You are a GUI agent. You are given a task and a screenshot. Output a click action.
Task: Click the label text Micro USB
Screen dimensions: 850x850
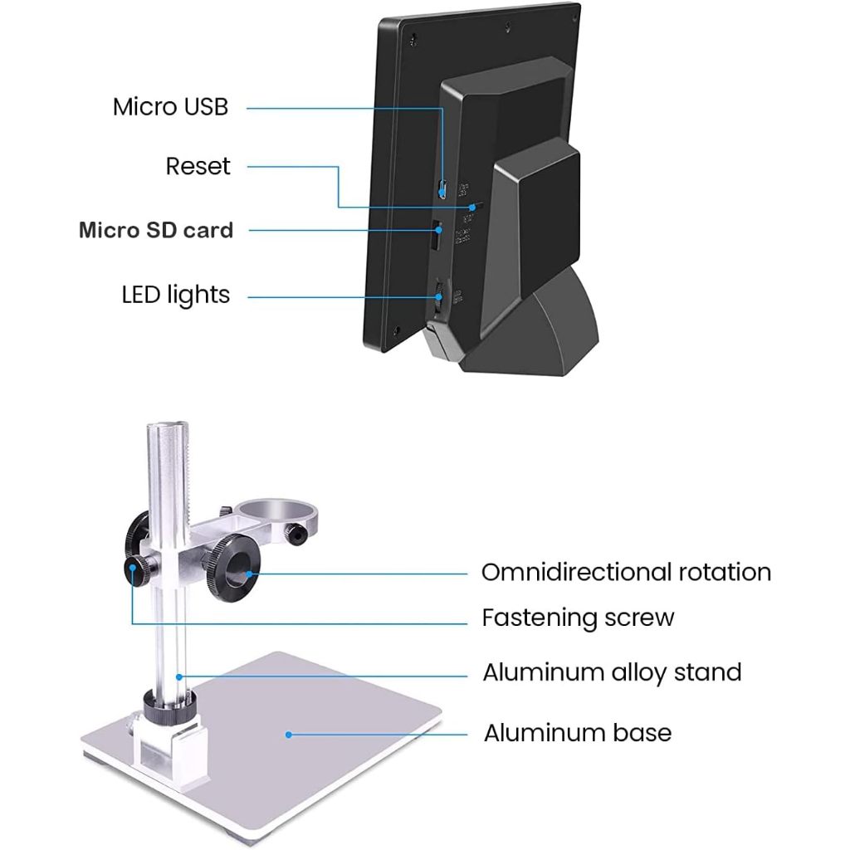click(170, 107)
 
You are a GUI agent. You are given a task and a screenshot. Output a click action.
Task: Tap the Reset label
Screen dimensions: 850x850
click(198, 166)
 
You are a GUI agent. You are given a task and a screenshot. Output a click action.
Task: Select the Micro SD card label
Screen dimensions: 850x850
click(156, 230)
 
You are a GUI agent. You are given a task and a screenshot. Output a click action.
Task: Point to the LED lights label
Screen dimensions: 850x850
click(176, 294)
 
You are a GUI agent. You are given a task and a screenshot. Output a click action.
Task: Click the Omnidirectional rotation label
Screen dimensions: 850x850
click(626, 572)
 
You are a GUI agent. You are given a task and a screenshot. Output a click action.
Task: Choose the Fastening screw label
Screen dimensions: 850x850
click(578, 618)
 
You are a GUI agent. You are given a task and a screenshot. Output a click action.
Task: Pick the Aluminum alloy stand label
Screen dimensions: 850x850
click(612, 672)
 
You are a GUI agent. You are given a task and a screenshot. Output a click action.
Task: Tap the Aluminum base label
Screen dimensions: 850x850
click(577, 733)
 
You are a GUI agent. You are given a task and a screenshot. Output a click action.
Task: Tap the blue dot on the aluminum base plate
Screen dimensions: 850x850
click(288, 734)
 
